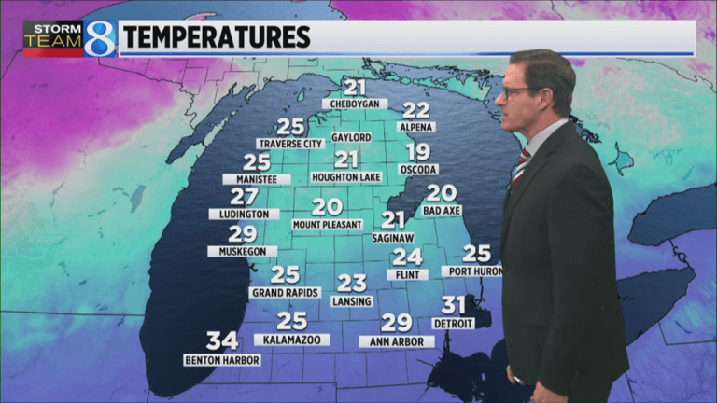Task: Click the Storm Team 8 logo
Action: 69,39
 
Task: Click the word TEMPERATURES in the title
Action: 217,37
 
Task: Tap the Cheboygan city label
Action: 355,104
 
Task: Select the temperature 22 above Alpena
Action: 415,110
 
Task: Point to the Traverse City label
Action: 289,144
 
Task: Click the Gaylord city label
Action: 351,137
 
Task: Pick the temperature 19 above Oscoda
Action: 418,152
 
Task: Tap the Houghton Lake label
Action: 346,177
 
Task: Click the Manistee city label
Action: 256,178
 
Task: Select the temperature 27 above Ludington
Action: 244,197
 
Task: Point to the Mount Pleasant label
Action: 327,225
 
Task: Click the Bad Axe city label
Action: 442,211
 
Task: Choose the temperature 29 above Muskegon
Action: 242,234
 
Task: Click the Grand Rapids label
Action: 286,292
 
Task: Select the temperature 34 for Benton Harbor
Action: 222,341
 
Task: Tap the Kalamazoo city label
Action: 292,340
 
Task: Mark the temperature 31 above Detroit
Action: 454,305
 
